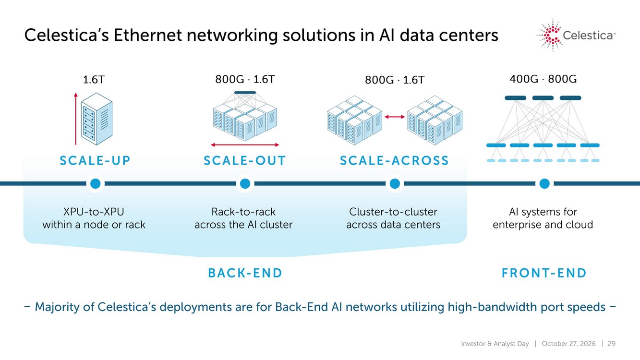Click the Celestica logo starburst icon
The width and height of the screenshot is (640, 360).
(550, 36)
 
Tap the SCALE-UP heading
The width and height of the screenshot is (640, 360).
(95, 161)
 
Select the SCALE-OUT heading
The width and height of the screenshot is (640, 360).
(244, 161)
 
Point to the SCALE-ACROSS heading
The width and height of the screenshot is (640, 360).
(394, 161)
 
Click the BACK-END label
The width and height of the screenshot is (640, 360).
(245, 273)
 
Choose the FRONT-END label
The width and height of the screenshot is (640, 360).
(544, 273)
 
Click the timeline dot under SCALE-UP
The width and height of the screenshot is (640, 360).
(95, 183)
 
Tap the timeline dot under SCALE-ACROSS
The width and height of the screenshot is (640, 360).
(395, 183)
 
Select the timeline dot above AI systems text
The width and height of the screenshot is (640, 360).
(544, 183)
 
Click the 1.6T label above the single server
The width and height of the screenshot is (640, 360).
(94, 80)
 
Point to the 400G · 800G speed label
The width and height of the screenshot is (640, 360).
(543, 79)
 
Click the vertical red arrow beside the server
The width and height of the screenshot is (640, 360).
(76, 119)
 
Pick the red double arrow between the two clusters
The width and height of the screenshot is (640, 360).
(395, 117)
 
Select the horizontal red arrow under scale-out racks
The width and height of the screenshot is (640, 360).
(245, 145)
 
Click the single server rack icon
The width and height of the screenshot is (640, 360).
(97, 119)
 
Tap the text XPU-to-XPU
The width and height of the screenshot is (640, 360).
(94, 212)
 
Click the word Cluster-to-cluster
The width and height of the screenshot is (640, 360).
(393, 212)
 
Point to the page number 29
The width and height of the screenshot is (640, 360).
(611, 344)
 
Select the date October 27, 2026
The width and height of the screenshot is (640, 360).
(568, 344)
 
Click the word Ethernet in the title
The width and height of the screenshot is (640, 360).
(148, 36)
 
